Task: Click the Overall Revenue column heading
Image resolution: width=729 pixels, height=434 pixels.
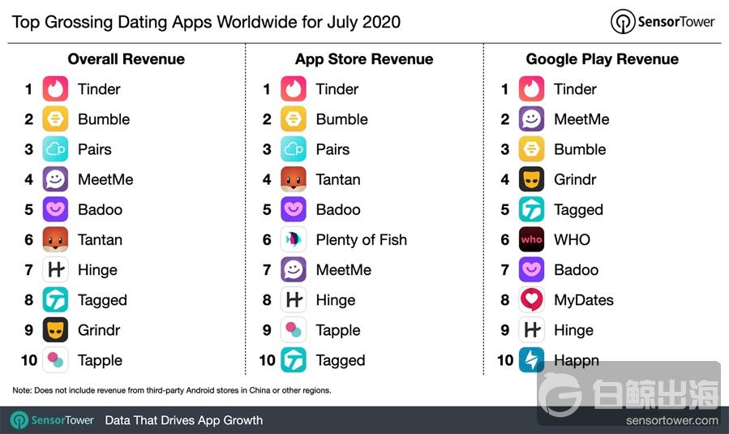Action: click(126, 59)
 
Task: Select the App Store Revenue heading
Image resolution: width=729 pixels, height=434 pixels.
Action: click(364, 59)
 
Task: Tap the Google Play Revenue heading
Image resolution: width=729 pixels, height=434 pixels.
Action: click(602, 59)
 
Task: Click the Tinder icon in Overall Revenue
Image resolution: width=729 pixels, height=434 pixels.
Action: click(55, 89)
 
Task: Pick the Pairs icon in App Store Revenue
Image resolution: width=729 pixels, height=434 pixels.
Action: click(294, 149)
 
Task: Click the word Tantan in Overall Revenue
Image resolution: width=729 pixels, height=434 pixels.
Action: click(100, 240)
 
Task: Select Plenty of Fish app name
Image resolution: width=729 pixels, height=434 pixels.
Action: click(362, 240)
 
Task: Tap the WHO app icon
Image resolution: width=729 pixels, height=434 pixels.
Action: click(532, 240)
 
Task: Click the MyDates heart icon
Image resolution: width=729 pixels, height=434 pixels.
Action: click(532, 300)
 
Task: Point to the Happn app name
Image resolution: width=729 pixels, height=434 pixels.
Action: click(577, 360)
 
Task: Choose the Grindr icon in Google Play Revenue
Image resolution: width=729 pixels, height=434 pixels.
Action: click(532, 179)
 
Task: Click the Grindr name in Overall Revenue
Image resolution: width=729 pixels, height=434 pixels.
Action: click(99, 330)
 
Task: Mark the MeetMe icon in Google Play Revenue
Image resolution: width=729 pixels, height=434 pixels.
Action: click(532, 119)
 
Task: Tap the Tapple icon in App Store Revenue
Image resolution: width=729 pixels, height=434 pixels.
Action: click(294, 330)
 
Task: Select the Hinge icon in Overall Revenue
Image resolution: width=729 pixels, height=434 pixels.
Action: click(55, 270)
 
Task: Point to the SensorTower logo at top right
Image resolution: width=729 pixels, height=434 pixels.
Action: click(665, 21)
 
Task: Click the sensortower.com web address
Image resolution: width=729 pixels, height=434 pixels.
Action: click(671, 420)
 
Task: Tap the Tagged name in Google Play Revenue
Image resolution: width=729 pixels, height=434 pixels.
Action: click(578, 210)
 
